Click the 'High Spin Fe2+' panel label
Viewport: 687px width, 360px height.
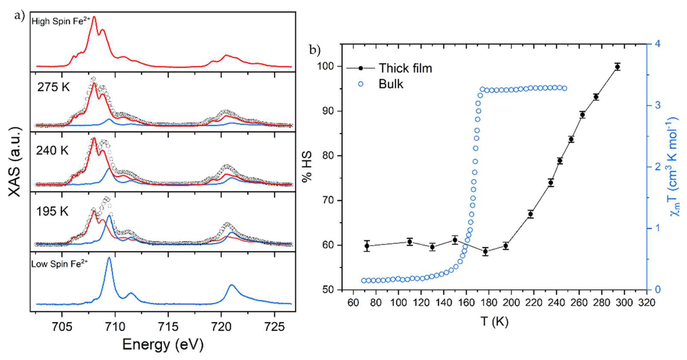(x=61, y=21)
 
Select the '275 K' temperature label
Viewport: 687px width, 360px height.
(x=53, y=87)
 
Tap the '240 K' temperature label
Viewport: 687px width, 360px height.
(x=52, y=151)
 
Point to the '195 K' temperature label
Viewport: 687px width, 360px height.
(x=52, y=212)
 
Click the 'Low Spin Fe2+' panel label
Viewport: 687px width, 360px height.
(x=59, y=264)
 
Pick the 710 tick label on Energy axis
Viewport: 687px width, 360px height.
(x=115, y=326)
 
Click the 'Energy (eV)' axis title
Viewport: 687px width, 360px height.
(x=163, y=344)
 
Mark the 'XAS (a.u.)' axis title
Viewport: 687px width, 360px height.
(x=15, y=162)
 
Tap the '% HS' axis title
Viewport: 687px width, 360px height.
(x=307, y=167)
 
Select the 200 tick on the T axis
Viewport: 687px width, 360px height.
(x=511, y=303)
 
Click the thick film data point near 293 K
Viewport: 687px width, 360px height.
(x=617, y=67)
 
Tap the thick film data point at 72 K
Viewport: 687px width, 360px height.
(x=367, y=246)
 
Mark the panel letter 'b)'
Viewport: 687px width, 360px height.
(x=315, y=50)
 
